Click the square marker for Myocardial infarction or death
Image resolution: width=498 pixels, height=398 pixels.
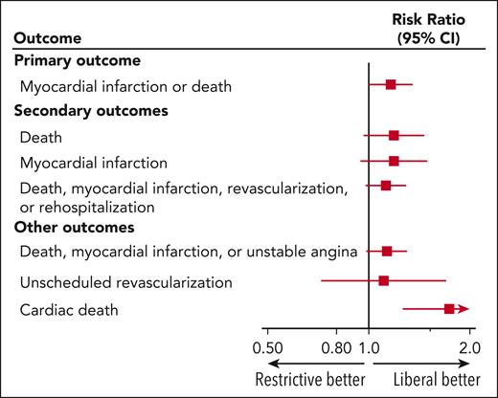(x=391, y=85)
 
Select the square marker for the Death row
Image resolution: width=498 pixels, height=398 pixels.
(x=394, y=136)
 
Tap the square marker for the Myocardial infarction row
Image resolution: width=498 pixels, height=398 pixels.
(x=394, y=161)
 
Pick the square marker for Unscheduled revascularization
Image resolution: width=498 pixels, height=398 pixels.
(x=384, y=281)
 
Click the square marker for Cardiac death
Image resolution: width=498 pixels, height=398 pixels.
(x=449, y=309)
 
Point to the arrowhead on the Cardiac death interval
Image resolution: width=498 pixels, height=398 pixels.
(x=464, y=309)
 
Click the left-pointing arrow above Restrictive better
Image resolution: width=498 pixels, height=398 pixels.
(x=315, y=364)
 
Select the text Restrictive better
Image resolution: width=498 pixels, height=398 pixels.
(x=309, y=380)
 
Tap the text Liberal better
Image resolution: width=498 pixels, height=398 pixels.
(x=422, y=380)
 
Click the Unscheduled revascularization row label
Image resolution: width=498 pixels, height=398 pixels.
(x=126, y=282)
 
